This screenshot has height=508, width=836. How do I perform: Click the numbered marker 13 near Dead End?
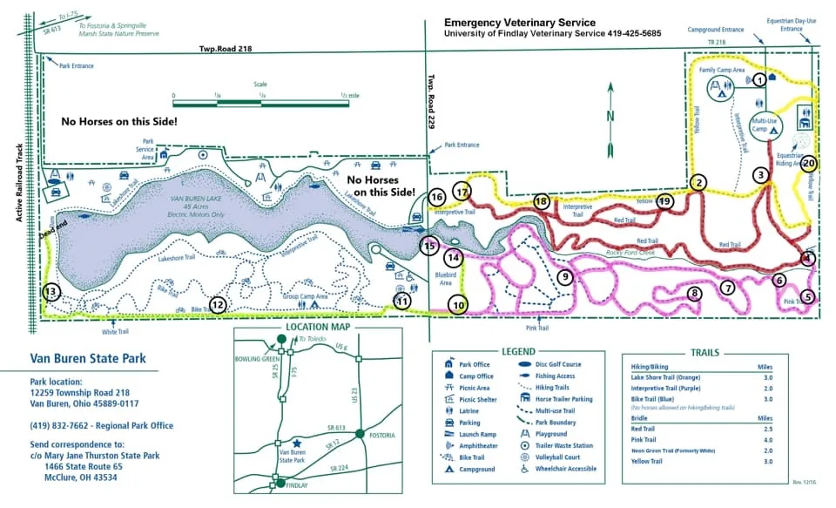click(x=52, y=292)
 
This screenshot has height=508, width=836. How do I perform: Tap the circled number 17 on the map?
click(x=462, y=192)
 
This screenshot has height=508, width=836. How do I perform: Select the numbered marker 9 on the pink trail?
click(x=564, y=277)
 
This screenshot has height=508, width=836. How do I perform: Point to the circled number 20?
click(x=808, y=162)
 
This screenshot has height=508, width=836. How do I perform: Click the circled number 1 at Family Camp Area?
click(x=759, y=79)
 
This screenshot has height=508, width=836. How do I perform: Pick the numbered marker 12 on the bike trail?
click(x=218, y=305)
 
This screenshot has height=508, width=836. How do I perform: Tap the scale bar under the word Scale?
click(x=260, y=103)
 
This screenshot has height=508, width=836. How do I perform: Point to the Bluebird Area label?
click(x=444, y=279)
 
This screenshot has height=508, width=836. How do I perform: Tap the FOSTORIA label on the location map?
click(x=381, y=435)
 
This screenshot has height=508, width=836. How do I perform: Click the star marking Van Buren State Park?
click(x=298, y=442)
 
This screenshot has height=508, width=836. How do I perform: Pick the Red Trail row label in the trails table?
click(x=644, y=428)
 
